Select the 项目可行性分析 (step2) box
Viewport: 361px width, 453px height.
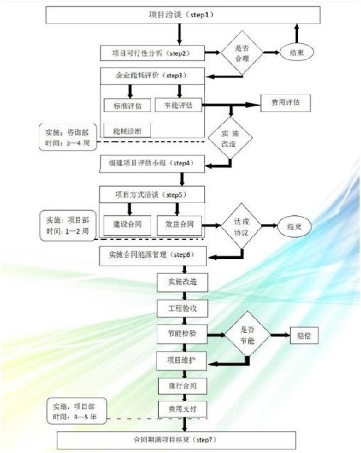152,53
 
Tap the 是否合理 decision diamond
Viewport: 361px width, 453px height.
235,53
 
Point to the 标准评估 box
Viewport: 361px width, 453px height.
127,106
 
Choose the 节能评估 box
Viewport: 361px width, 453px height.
178,106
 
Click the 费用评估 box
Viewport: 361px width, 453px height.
285,102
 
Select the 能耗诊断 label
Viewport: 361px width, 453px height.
127,130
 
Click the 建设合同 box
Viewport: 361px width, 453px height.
127,223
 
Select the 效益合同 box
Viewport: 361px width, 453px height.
178,223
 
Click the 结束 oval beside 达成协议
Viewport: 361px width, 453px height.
294,225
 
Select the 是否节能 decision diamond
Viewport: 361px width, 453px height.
245,334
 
